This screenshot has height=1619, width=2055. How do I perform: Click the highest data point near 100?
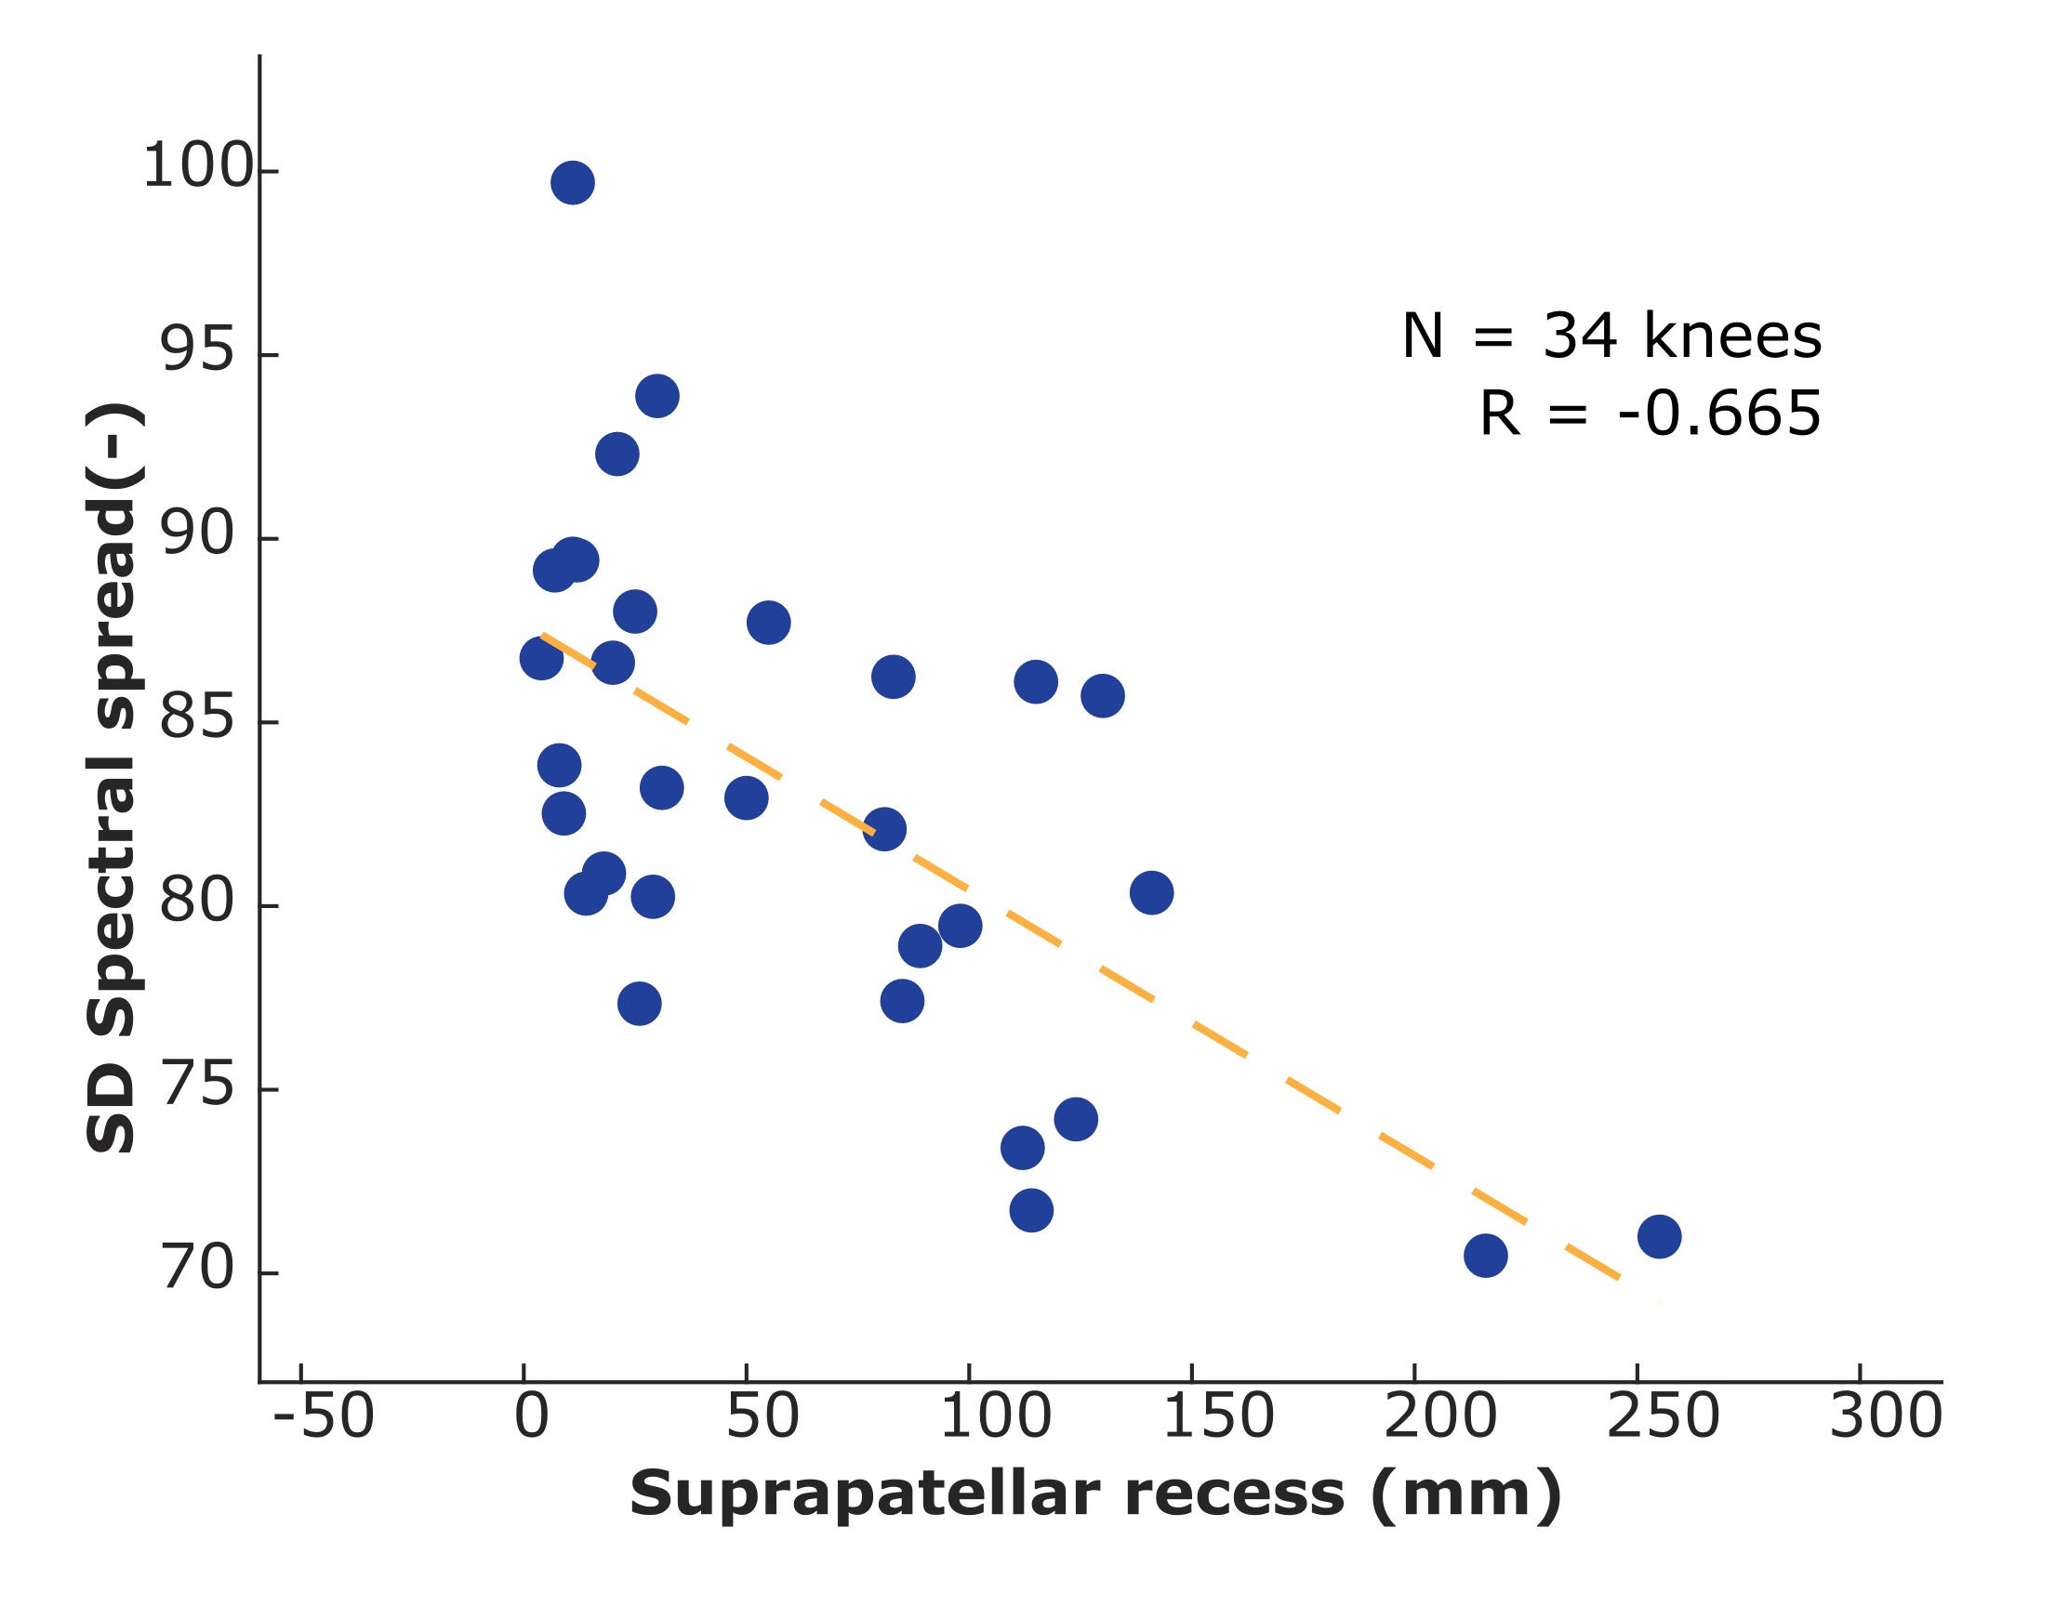[573, 183]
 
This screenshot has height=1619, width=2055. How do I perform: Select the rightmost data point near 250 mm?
[1660, 1237]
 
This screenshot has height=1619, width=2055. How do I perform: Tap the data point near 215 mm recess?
[1486, 1256]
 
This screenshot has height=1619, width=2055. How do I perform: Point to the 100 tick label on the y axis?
[198, 167]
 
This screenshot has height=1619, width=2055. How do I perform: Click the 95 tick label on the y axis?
[196, 349]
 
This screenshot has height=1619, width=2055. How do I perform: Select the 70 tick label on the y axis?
[196, 1269]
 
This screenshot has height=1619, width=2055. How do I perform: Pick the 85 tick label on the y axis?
[196, 717]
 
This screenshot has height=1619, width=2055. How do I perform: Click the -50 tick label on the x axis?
[324, 1417]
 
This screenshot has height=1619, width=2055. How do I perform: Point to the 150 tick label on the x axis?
[1217, 1417]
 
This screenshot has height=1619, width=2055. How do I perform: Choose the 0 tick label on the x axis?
[531, 1417]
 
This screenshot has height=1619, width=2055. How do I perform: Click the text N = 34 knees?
[1611, 336]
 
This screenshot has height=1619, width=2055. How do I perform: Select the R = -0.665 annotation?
[1651, 415]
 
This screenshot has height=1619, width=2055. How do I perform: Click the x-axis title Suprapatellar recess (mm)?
[1095, 1494]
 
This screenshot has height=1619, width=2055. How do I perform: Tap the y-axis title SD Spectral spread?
[112, 777]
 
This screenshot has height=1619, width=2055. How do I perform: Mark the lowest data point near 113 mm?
[1032, 1210]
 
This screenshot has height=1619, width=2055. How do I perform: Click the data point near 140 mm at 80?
[1152, 893]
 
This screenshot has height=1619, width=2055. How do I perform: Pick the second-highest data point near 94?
[657, 396]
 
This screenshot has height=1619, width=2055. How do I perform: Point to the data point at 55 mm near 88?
[768, 623]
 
